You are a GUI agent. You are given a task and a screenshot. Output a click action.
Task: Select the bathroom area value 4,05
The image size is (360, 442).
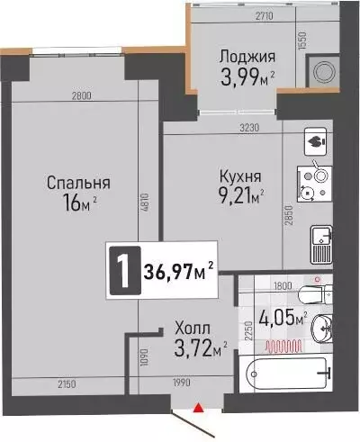point(278,318)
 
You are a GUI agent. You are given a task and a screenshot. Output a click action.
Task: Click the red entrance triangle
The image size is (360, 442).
point(198,410)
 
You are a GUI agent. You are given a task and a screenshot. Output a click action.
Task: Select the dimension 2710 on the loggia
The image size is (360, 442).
point(239,15)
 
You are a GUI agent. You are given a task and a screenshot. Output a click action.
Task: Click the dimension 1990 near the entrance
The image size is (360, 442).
point(182,386)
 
